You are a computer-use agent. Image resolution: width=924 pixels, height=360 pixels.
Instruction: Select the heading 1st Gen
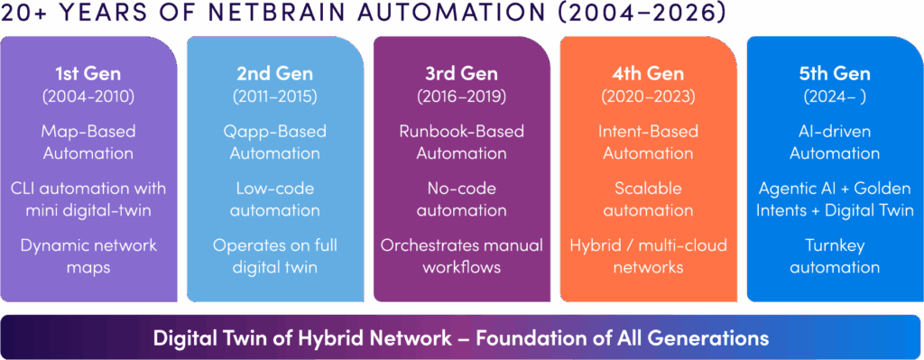click(88, 74)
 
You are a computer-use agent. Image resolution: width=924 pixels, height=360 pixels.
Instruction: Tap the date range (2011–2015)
click(274, 97)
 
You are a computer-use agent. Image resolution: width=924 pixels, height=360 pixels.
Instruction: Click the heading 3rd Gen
click(461, 74)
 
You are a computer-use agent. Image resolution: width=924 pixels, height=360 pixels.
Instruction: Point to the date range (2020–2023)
click(648, 97)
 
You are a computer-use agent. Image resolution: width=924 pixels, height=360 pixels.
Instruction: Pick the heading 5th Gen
click(835, 74)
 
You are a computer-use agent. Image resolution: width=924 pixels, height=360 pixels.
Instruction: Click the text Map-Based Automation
click(88, 142)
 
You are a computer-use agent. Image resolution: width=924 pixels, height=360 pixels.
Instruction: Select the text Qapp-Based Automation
click(274, 142)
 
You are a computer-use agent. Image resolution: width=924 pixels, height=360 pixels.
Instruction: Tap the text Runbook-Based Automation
click(461, 142)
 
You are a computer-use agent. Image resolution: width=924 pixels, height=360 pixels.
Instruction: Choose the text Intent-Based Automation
click(648, 142)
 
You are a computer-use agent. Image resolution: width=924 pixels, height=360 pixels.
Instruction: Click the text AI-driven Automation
click(835, 142)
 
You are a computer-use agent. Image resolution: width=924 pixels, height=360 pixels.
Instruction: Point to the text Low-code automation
click(274, 199)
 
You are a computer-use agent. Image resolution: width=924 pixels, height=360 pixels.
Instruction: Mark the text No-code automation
click(461, 199)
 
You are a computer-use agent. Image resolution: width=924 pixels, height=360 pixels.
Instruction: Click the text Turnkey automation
click(835, 255)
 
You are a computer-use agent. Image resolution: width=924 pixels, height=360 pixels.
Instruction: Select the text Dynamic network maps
click(88, 255)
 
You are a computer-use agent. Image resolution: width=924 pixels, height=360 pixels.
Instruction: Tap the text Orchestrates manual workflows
click(461, 255)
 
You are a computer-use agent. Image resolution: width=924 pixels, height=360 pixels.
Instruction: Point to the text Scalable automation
click(648, 199)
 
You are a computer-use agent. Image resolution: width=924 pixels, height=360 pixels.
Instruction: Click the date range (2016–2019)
click(461, 97)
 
